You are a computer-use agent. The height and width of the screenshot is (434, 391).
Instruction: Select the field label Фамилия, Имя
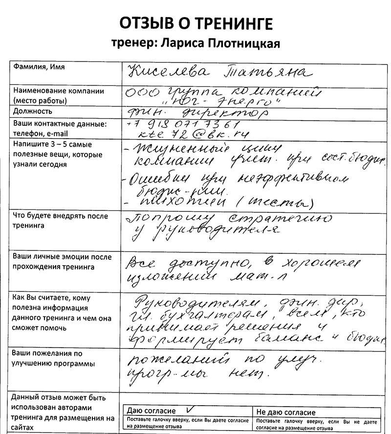39,67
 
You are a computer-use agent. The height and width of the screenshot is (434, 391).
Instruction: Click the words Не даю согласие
286,413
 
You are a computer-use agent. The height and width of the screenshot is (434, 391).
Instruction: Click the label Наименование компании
59,91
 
